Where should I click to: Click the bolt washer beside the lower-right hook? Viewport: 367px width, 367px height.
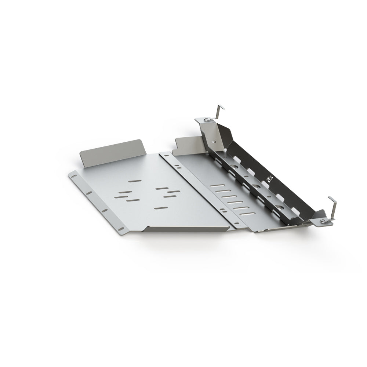[x=323, y=221]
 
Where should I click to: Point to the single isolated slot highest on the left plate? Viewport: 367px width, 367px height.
[x=134, y=181]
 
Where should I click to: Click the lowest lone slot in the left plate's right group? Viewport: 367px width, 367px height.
[x=160, y=208]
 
